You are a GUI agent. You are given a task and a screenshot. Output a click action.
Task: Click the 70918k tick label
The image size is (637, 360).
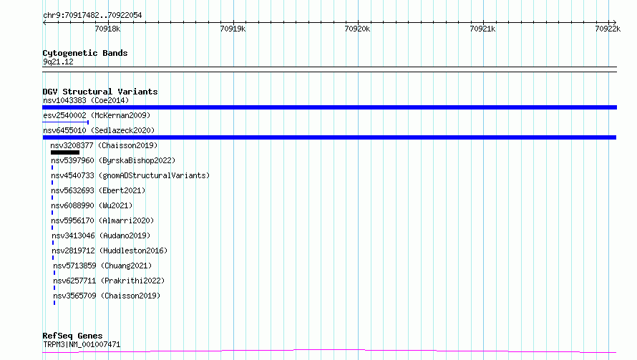(x=107, y=29)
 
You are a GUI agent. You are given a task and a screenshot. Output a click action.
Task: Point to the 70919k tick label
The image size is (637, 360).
(x=233, y=29)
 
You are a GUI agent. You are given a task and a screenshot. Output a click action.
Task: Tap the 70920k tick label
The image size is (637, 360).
(x=357, y=29)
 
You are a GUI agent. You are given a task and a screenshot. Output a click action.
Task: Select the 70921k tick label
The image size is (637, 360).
(x=482, y=29)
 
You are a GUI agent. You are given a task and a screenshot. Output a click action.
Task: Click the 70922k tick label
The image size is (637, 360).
(x=608, y=29)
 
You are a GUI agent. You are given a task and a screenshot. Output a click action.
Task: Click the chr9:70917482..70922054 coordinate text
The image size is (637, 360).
(x=92, y=16)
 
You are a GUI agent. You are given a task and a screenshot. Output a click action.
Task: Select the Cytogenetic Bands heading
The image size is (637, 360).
(x=85, y=53)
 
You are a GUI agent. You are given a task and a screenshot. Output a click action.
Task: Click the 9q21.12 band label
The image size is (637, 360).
(x=58, y=62)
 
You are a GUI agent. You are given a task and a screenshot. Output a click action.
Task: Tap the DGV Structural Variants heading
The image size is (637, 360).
(x=100, y=92)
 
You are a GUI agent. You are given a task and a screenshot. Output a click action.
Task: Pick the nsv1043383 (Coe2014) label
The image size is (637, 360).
(x=86, y=100)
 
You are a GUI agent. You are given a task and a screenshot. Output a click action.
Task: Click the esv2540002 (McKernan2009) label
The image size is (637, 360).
(x=97, y=115)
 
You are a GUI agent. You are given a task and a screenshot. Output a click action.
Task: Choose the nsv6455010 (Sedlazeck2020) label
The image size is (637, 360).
(x=99, y=130)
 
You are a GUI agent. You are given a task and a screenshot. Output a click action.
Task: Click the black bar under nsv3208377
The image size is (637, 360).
(x=65, y=152)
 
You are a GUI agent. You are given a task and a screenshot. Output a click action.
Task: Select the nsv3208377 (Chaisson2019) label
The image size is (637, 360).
(x=104, y=145)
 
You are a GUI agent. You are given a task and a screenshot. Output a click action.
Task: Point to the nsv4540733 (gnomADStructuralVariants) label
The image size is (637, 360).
(x=130, y=175)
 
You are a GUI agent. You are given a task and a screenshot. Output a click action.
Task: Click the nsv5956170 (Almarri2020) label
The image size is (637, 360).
(x=102, y=220)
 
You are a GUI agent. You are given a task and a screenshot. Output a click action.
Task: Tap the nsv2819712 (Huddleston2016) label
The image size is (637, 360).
(x=110, y=250)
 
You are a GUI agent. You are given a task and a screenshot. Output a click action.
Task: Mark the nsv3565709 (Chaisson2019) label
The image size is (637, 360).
(x=107, y=296)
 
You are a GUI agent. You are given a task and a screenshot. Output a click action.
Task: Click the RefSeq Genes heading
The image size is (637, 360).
(x=73, y=336)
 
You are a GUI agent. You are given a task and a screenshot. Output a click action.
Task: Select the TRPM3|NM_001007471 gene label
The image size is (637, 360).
(x=82, y=344)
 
